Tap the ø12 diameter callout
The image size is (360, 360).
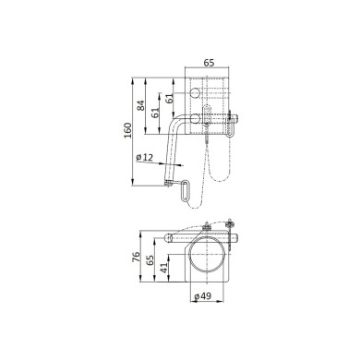coord(145,159)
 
